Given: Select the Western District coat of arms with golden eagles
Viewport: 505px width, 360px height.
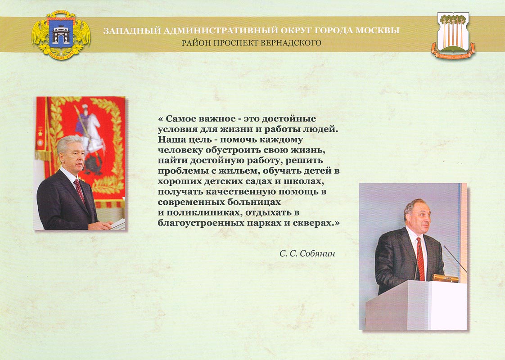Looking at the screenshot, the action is coord(61,35).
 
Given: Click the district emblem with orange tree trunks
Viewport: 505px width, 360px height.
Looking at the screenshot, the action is coord(453,35).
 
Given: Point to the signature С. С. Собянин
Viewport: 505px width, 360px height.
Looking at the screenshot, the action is coord(307,254).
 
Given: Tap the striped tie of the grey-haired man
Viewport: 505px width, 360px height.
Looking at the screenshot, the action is coord(79,190).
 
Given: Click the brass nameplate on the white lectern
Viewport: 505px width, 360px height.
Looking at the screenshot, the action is coord(445,278).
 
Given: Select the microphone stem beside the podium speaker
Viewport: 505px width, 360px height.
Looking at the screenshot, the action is coord(455,259).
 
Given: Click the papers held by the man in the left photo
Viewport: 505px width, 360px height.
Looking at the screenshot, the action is coord(117,224).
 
